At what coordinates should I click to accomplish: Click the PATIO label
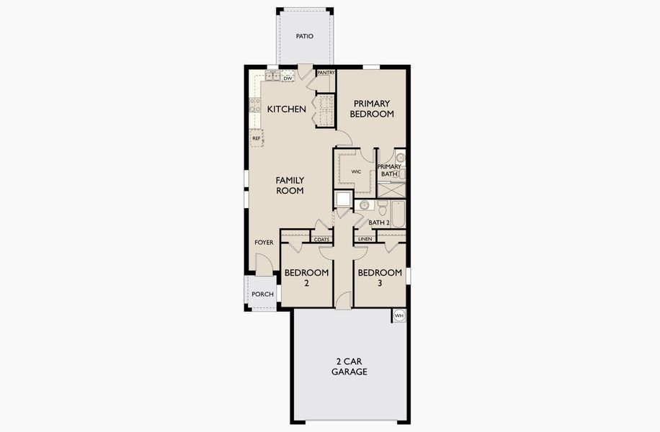click(x=305, y=36)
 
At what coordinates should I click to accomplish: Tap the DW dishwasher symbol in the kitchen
click(x=288, y=78)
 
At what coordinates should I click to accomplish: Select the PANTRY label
click(x=326, y=73)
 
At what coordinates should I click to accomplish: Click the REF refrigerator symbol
click(x=256, y=138)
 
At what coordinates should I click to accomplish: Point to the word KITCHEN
click(x=287, y=109)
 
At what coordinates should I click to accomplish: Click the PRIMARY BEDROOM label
click(x=372, y=109)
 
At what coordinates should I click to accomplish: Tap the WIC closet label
click(x=356, y=172)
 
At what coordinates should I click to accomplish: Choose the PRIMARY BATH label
click(x=389, y=171)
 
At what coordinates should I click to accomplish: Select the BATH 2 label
click(x=379, y=223)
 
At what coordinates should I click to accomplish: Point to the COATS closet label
click(x=322, y=239)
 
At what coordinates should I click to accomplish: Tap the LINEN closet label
click(x=365, y=239)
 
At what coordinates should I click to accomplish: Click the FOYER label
click(x=264, y=243)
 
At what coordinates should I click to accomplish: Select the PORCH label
click(x=262, y=294)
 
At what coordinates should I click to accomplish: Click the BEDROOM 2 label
click(x=306, y=278)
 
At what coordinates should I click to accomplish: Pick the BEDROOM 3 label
click(x=380, y=278)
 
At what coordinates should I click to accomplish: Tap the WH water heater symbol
click(x=399, y=316)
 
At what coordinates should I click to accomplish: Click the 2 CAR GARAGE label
click(x=349, y=366)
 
